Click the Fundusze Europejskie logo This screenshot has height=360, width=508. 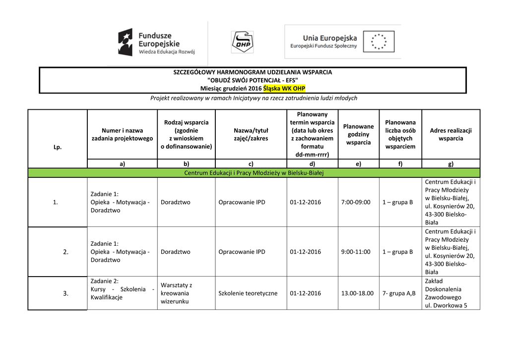(156, 42)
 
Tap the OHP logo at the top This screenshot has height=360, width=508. (242, 42)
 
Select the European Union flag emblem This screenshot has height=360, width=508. (379, 42)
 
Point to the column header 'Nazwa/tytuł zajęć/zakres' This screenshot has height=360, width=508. (251, 135)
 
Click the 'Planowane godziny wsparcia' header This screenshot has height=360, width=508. (359, 135)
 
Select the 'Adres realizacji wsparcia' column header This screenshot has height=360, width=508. (450, 135)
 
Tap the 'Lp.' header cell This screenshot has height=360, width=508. (58, 147)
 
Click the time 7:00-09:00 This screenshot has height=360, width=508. (356, 202)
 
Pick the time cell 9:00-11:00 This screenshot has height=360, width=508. (356, 252)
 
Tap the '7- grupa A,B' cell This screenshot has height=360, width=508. (399, 293)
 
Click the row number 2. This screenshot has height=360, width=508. (65, 252)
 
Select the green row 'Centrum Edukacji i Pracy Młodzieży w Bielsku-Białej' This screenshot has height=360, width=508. (254, 173)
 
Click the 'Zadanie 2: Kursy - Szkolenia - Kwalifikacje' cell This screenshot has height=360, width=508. (122, 289)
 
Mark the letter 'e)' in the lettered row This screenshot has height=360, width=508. (358, 163)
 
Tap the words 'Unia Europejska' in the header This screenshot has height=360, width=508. (330, 38)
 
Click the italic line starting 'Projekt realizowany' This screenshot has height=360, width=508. (254, 98)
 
